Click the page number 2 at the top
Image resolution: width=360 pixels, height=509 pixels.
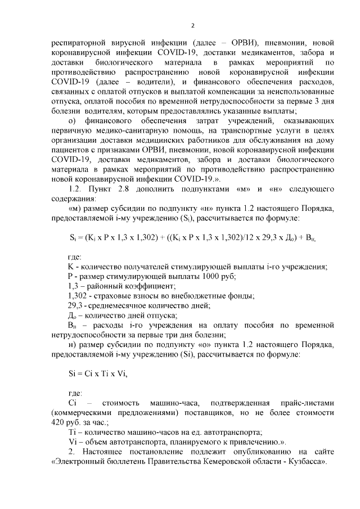[x=192, y=24]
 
